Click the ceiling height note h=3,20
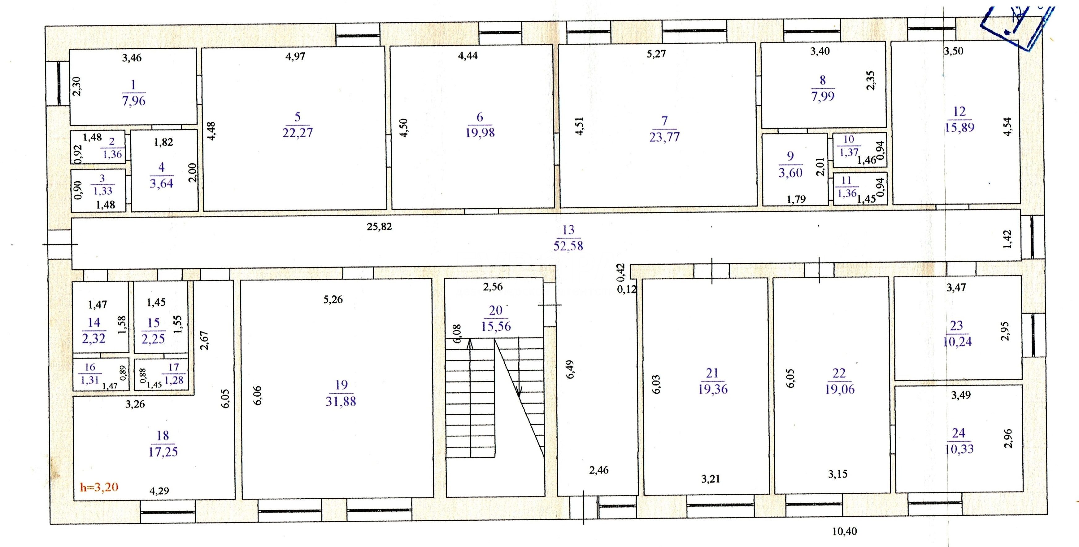[x=99, y=487]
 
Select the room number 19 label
[x=342, y=385]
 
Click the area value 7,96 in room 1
[x=134, y=101]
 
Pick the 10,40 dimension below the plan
[x=844, y=532]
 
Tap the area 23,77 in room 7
[x=665, y=137]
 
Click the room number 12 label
[x=959, y=112]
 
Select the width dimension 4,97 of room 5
[x=295, y=56]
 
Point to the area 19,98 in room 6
[x=480, y=133]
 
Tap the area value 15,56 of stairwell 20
[x=496, y=326]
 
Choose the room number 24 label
[x=958, y=433]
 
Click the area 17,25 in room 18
[x=163, y=452]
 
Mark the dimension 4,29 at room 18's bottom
[x=159, y=491]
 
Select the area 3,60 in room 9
[x=790, y=173]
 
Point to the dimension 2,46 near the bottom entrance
[x=599, y=470]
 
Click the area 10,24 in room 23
[x=957, y=342]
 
